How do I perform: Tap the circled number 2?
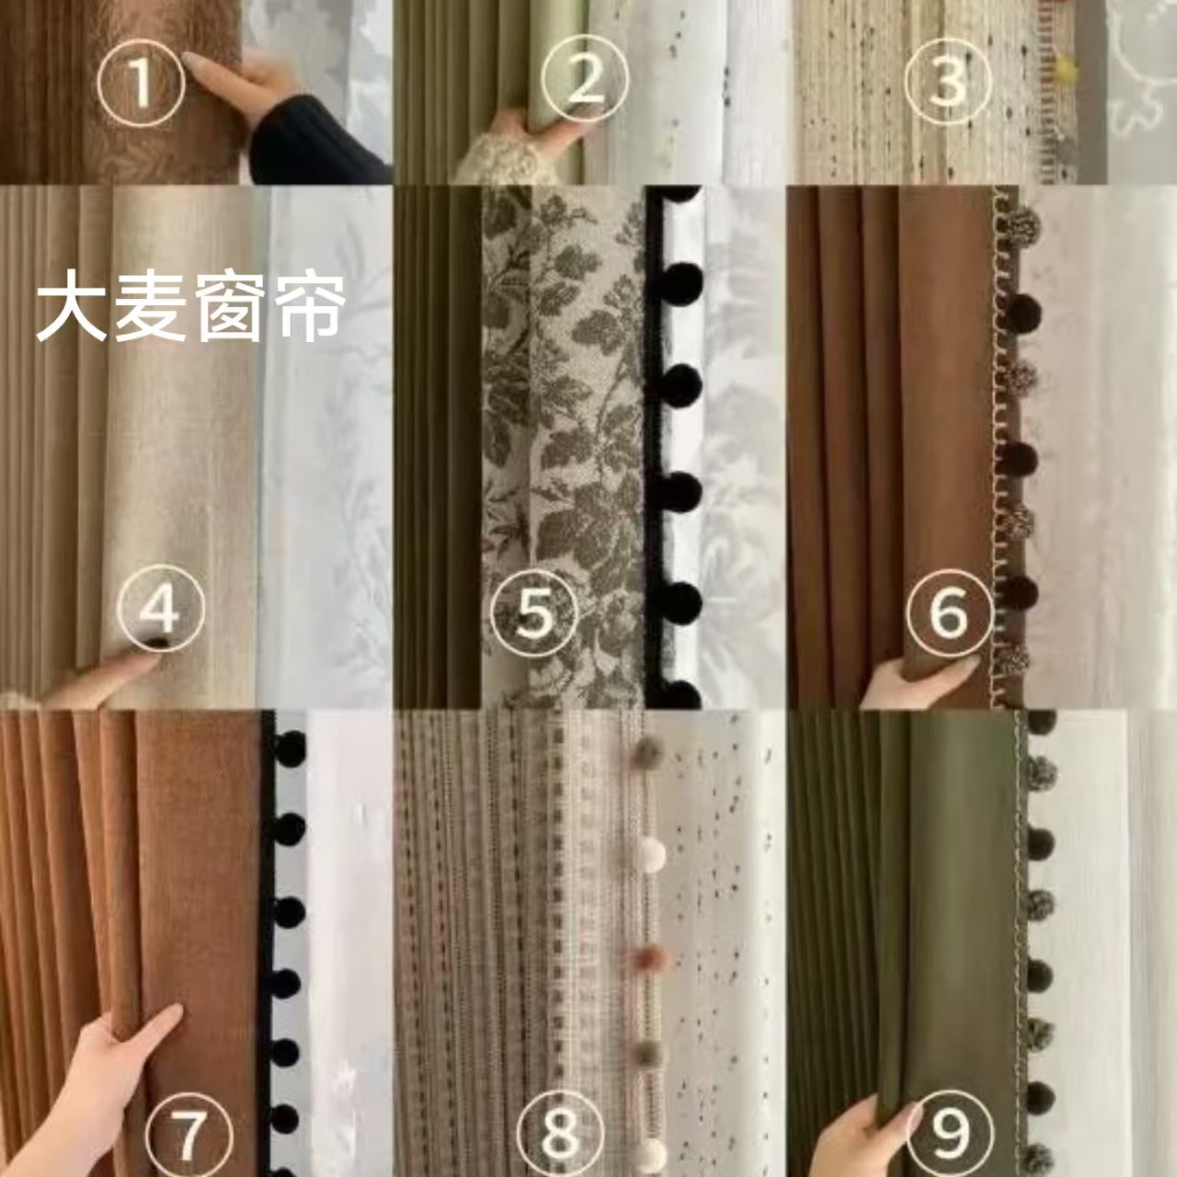pos(585,81)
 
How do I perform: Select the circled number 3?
pos(948,81)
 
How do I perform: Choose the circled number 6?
pos(949,611)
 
